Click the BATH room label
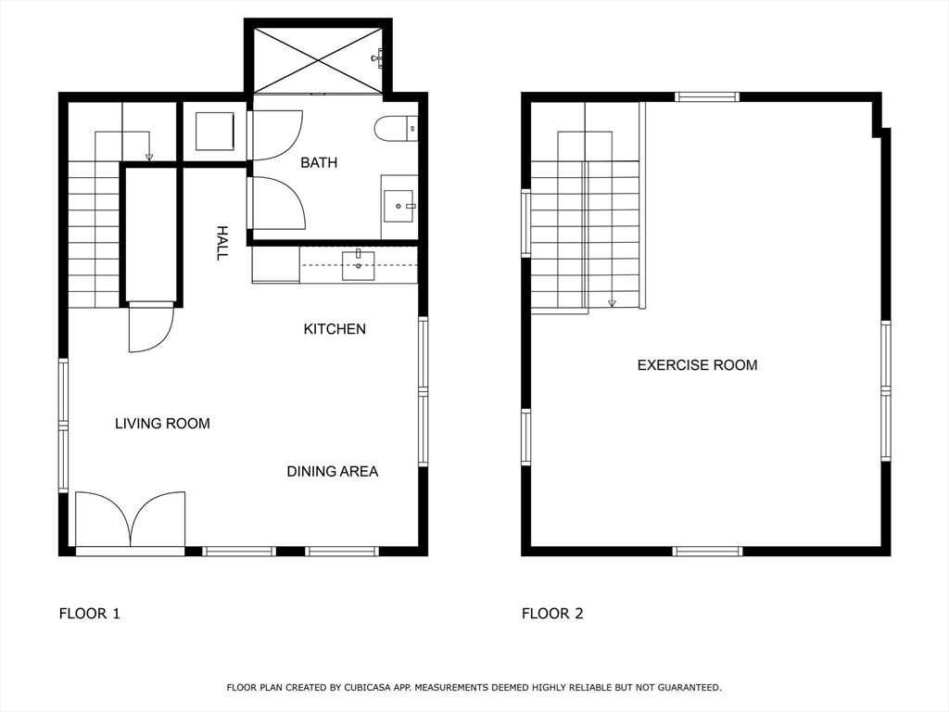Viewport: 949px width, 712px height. click(x=319, y=162)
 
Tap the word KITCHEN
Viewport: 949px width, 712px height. click(x=335, y=329)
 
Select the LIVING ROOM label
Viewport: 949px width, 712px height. click(x=162, y=423)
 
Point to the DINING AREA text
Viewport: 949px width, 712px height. click(x=333, y=471)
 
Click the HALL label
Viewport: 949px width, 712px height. click(x=222, y=243)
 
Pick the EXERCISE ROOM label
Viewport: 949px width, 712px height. click(x=697, y=365)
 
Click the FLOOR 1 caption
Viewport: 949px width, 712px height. click(x=90, y=614)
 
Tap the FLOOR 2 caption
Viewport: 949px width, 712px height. click(x=552, y=614)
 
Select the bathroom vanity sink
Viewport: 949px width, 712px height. click(x=399, y=206)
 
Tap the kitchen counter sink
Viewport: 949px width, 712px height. click(x=359, y=265)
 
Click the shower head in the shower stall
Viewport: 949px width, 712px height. click(x=377, y=58)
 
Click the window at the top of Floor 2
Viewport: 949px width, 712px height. click(x=707, y=96)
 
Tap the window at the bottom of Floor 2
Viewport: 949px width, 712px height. click(x=707, y=551)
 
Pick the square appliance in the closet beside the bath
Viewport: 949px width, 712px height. click(x=215, y=131)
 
